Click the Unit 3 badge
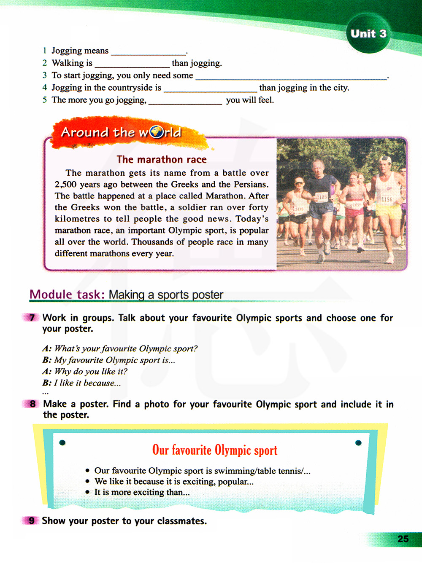pyautogui.click(x=368, y=34)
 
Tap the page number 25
pyautogui.click(x=403, y=539)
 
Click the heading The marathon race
pyautogui.click(x=162, y=160)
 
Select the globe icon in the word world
pyautogui.click(x=157, y=132)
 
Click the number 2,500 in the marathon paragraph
pyautogui.click(x=65, y=185)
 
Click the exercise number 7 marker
pyautogui.click(x=32, y=318)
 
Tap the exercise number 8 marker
pyautogui.click(x=32, y=404)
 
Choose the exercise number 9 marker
pyautogui.click(x=32, y=521)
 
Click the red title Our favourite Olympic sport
pyautogui.click(x=215, y=450)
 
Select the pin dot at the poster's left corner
pyautogui.click(x=62, y=442)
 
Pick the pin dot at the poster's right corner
pyautogui.click(x=358, y=442)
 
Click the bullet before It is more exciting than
pyautogui.click(x=87, y=492)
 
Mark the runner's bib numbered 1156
pyautogui.click(x=387, y=199)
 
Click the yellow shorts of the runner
pyautogui.click(x=389, y=211)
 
